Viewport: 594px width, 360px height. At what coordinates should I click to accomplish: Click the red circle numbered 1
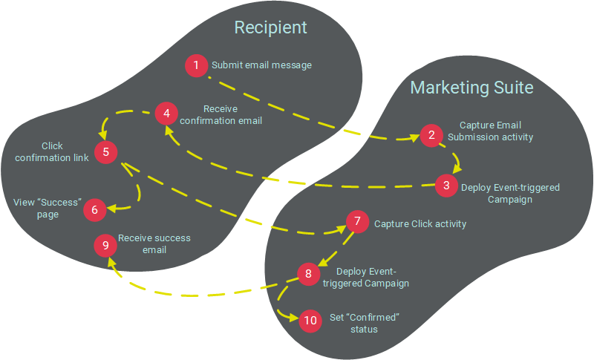(x=196, y=65)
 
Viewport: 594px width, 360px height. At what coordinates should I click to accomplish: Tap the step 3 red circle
(x=446, y=186)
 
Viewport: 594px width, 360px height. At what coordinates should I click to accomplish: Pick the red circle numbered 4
(x=166, y=114)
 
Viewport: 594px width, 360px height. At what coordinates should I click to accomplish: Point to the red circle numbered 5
(x=106, y=152)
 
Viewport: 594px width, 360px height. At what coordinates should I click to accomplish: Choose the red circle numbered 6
(x=94, y=210)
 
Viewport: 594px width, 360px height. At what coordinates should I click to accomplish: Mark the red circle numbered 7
(x=357, y=221)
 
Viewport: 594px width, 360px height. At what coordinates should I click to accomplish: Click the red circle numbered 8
(x=308, y=274)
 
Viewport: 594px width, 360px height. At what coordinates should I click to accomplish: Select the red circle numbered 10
(x=310, y=321)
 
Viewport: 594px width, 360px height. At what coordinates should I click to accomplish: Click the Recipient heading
(x=270, y=28)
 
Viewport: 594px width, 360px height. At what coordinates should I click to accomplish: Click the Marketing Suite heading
(x=472, y=88)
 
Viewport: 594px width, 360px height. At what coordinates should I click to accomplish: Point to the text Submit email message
(x=261, y=65)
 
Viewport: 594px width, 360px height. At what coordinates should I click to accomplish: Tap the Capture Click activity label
(x=420, y=223)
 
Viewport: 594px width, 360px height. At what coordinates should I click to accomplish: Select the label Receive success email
(x=154, y=243)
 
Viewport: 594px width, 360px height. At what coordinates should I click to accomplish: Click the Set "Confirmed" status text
(x=364, y=323)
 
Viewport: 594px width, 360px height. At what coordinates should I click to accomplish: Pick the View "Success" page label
(x=48, y=208)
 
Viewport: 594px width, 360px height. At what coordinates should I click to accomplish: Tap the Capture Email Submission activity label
(x=496, y=131)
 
